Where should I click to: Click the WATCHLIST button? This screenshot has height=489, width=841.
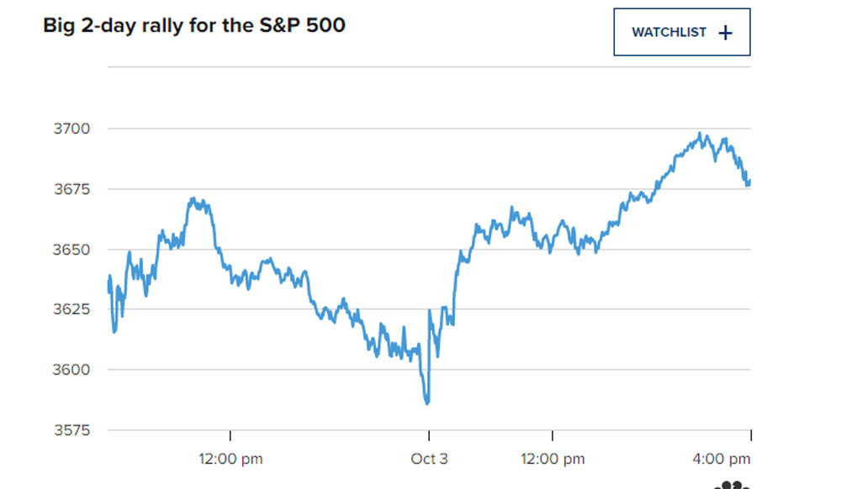[x=681, y=33]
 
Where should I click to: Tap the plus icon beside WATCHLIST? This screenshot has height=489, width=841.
[x=726, y=33]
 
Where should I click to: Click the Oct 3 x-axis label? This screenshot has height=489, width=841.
[x=429, y=459]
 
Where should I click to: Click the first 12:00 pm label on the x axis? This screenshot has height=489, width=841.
[x=230, y=459]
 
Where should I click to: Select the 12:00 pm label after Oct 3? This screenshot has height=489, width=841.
[x=552, y=459]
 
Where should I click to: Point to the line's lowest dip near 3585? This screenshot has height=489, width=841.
[x=428, y=403]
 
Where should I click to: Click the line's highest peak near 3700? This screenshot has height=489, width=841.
[x=701, y=134]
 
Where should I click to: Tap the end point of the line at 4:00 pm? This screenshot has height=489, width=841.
[x=749, y=182]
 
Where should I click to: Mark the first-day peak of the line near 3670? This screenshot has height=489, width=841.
[x=193, y=199]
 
